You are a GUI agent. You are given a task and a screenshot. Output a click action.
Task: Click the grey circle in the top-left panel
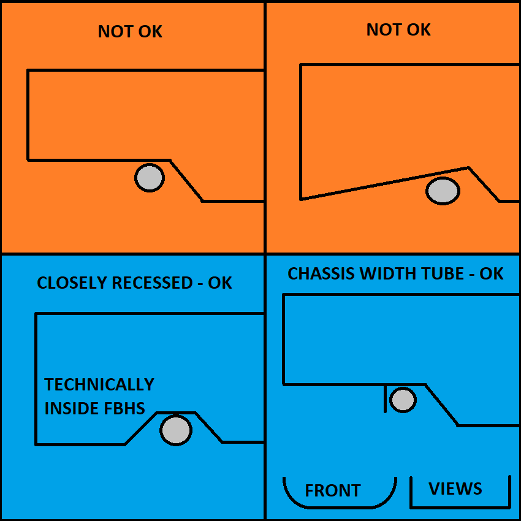150,178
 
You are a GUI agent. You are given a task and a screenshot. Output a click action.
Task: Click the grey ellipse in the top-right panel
443,191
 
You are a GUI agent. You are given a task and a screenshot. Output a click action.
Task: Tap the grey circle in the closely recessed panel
176,430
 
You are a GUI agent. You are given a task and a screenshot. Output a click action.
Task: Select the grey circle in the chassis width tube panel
403,400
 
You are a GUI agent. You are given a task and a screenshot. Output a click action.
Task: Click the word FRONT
333,491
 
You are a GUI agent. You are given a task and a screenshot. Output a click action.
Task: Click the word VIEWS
455,489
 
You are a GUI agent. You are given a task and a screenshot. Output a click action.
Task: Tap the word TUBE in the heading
444,273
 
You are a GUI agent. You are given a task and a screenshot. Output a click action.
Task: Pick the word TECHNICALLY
99,385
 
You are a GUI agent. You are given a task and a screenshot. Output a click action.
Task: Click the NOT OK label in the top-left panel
130,32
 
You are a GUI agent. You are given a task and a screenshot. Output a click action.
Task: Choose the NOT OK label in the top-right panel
398,29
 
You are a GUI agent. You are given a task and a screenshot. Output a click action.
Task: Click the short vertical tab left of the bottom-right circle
385,398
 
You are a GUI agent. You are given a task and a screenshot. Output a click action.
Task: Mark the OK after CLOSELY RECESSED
220,283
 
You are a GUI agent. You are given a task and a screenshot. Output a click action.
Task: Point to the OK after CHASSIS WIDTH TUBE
491,273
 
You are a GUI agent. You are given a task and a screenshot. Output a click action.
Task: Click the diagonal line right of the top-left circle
186,181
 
